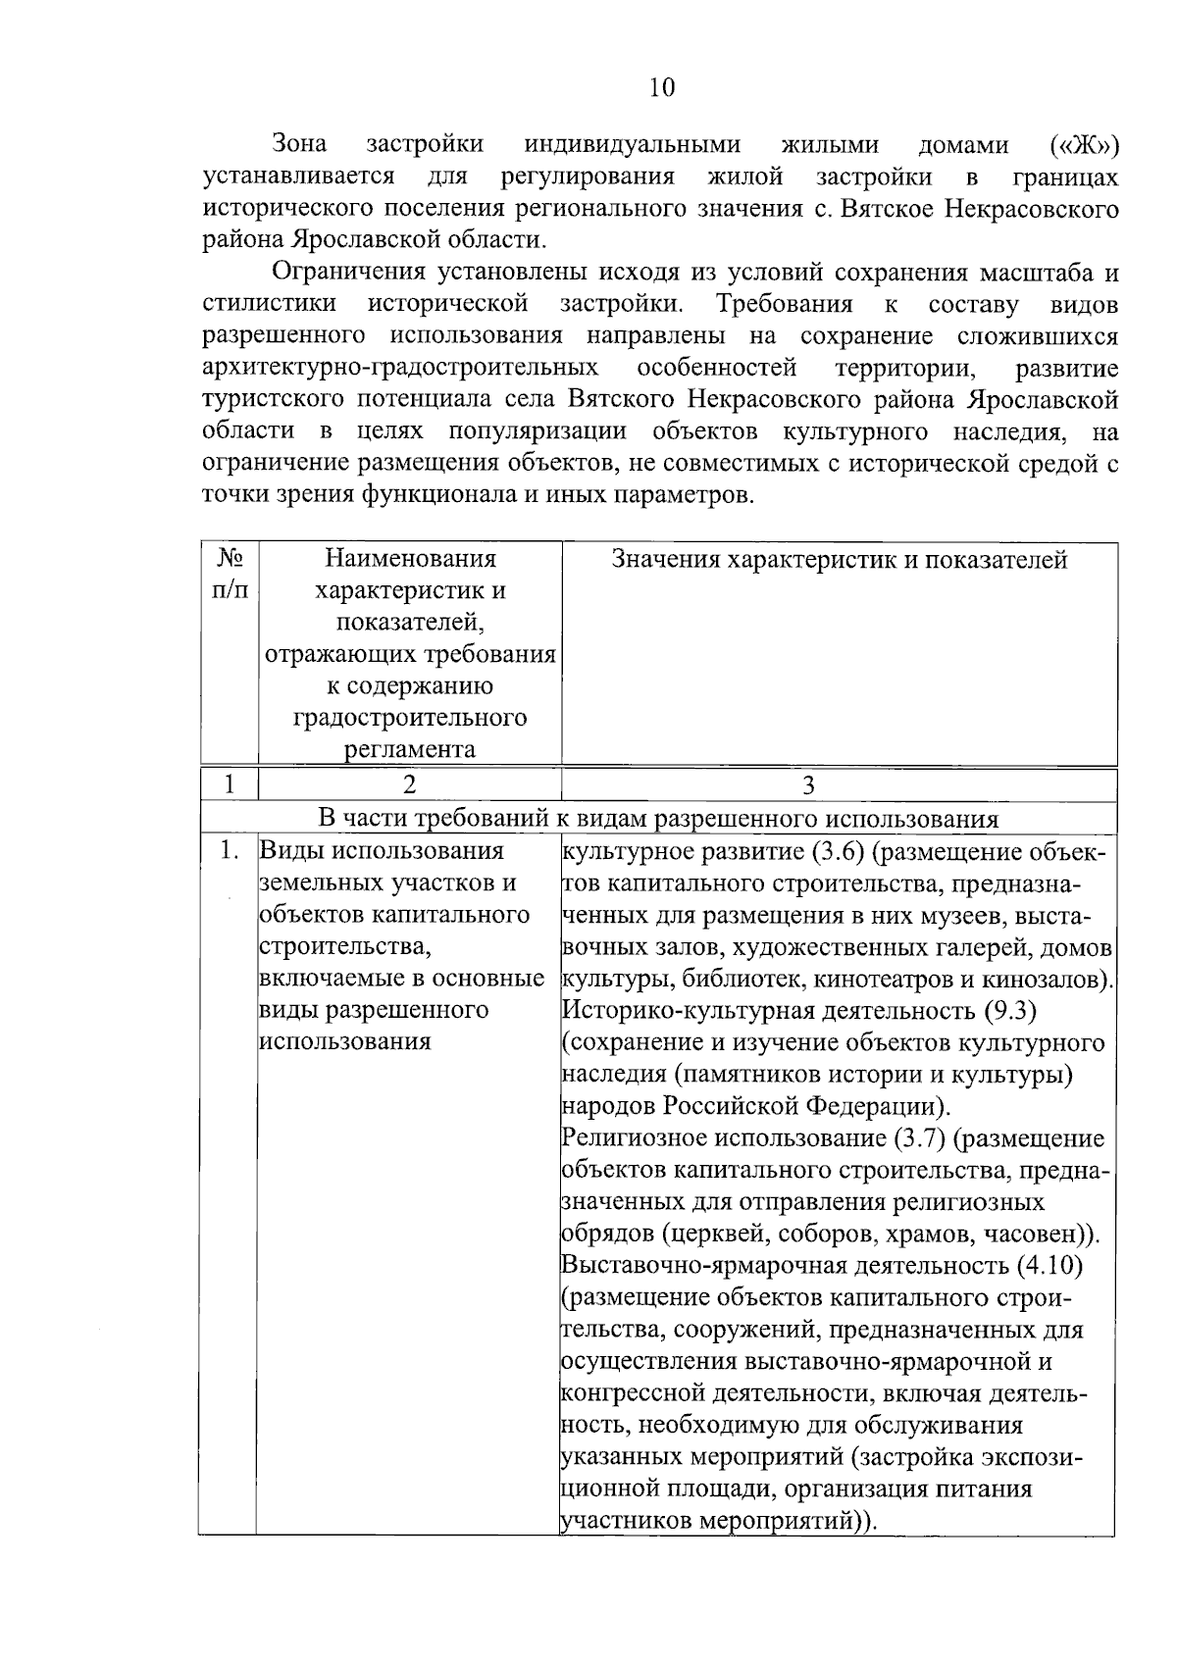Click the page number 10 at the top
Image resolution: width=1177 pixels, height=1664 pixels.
click(662, 88)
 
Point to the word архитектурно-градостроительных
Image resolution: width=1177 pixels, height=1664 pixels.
click(400, 368)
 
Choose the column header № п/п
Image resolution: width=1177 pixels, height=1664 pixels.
click(230, 574)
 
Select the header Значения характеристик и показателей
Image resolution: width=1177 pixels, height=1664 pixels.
click(839, 560)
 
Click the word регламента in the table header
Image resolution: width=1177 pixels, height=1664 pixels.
click(410, 750)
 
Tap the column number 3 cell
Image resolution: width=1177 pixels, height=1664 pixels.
click(808, 784)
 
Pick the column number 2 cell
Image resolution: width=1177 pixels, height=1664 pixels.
click(409, 784)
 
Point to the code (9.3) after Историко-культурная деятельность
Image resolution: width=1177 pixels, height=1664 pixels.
click(1010, 1010)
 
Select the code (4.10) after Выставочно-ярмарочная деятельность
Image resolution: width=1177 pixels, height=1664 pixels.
click(1049, 1265)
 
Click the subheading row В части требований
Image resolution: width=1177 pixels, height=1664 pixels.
click(658, 819)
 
